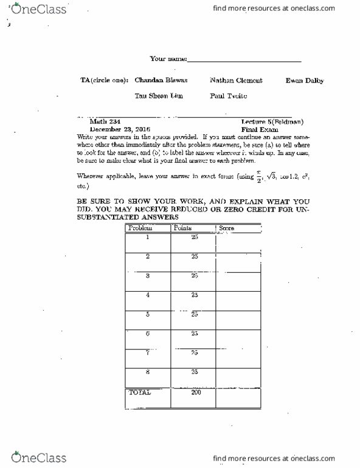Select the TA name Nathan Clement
[229, 80]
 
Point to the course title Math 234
[102, 122]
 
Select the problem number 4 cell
[148, 295]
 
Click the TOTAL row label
[140, 393]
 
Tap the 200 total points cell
[195, 393]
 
